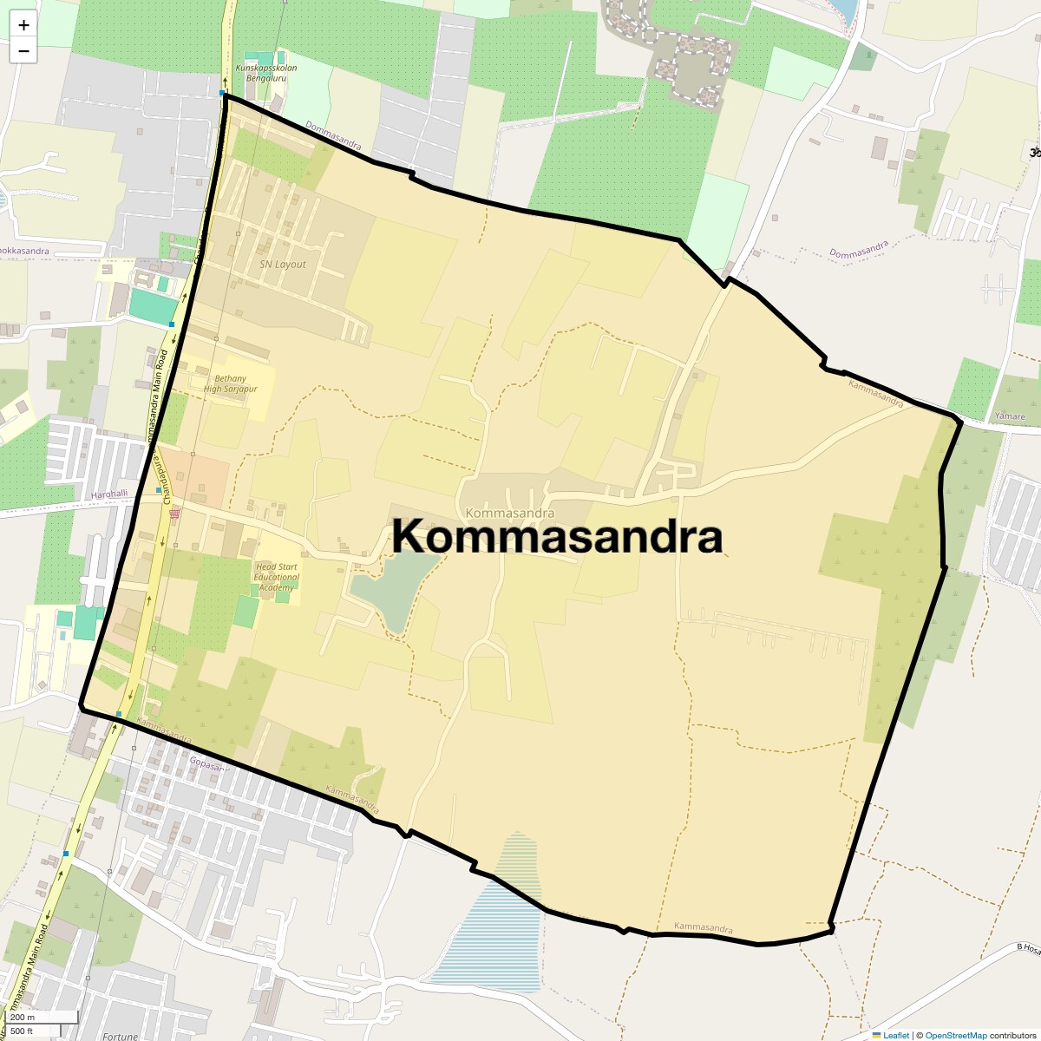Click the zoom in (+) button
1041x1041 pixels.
[23, 26]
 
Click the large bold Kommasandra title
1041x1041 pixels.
[557, 536]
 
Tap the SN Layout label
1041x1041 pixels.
[283, 264]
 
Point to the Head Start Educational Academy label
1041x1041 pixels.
[277, 577]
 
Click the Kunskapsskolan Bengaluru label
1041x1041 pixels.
[266, 73]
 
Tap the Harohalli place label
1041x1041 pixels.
[109, 494]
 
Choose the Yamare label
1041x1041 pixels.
[1010, 416]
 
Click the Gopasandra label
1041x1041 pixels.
[209, 765]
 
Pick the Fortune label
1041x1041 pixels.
[120, 1036]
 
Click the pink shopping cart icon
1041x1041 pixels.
[175, 513]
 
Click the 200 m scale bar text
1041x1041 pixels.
[23, 1018]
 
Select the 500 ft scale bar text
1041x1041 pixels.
[22, 1031]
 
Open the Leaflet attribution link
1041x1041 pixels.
[895, 1035]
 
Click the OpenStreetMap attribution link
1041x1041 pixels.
[955, 1035]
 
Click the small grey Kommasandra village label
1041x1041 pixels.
[509, 514]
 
